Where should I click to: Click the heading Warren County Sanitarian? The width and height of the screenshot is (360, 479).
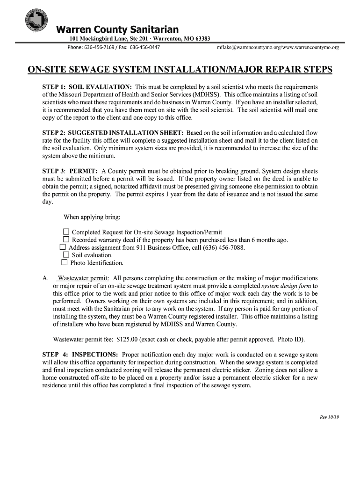(x=117, y=30)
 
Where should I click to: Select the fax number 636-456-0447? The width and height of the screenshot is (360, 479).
(x=144, y=48)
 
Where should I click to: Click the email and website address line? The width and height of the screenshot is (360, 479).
(x=278, y=48)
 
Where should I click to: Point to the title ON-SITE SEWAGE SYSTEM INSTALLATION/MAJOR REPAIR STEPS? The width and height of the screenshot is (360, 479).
(x=180, y=70)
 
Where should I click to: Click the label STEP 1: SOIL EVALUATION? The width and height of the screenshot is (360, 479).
(x=87, y=87)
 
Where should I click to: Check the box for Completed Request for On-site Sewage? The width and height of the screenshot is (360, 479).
(x=66, y=232)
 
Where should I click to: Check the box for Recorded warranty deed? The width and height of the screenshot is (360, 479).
(x=66, y=240)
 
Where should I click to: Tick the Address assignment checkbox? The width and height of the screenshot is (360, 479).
(x=63, y=247)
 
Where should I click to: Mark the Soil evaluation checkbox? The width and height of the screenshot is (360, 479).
(x=66, y=255)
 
